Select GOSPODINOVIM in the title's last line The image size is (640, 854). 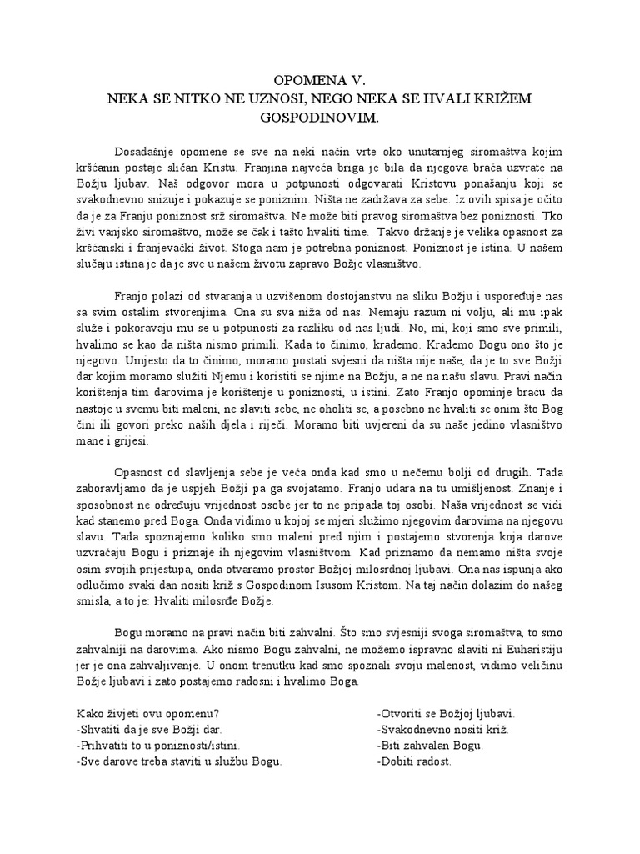[320, 118]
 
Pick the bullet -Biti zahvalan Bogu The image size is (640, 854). [430, 746]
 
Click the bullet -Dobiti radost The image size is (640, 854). [414, 761]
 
